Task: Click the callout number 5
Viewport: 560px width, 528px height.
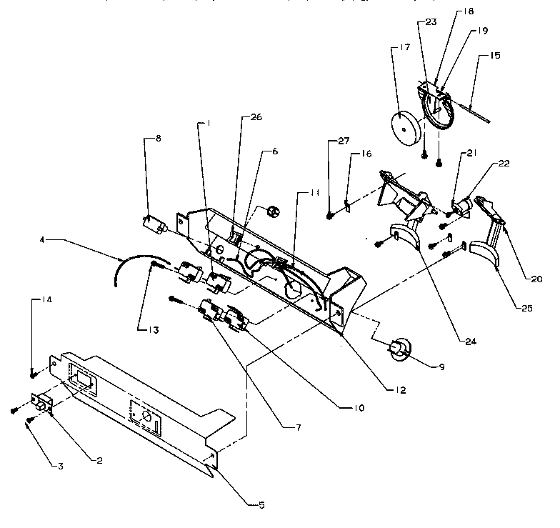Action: click(261, 505)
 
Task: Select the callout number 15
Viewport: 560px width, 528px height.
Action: click(494, 56)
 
